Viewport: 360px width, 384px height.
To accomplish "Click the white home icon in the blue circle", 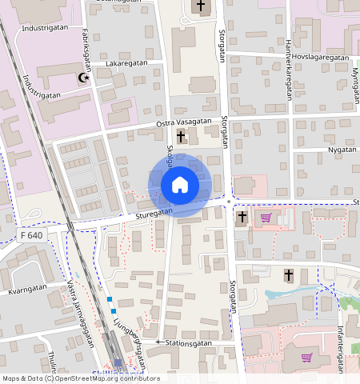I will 180,186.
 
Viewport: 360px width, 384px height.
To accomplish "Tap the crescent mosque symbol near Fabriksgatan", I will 82,78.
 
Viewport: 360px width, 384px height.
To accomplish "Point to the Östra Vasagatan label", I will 183,122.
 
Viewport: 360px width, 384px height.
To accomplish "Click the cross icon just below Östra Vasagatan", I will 181,136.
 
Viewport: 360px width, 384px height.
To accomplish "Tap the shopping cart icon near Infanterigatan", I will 306,358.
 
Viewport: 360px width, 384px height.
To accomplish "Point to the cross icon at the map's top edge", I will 200,7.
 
